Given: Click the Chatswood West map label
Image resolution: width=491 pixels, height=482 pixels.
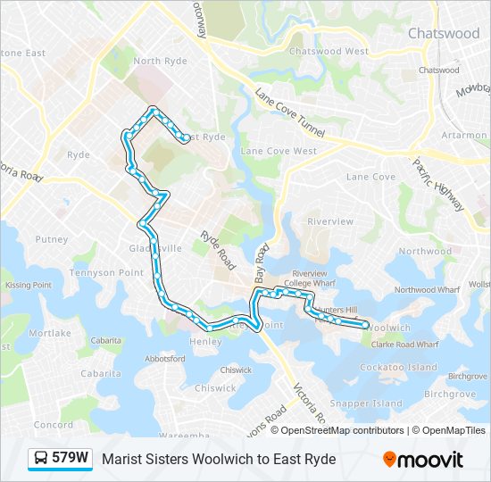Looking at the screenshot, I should click(329, 52).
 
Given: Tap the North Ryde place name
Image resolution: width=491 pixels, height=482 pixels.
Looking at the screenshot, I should click(160, 61).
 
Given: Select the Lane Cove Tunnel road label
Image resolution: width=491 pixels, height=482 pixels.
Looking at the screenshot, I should click(290, 113).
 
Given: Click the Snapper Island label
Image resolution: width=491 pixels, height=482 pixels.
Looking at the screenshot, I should click(372, 403).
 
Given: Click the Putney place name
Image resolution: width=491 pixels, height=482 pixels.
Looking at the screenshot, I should click(52, 239).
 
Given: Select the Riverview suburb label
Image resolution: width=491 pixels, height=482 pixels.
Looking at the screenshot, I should click(330, 220).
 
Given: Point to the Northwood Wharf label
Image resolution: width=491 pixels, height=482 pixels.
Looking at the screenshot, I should click(427, 289).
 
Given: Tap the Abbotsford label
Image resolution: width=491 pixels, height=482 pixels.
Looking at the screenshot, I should click(163, 358).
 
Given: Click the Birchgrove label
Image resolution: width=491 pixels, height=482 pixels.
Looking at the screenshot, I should click(450, 393).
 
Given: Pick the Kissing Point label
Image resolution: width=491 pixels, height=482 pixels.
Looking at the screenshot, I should click(29, 285).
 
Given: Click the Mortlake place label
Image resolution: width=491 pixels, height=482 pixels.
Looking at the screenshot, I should click(49, 333).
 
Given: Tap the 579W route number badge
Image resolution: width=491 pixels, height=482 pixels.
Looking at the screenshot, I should click(70, 459).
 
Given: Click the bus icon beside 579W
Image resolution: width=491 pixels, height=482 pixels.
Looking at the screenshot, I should click(41, 459).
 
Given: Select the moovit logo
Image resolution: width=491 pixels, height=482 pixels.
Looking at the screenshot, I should click(423, 459).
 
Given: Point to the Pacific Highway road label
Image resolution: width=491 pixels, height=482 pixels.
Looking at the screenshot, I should click(438, 183).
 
